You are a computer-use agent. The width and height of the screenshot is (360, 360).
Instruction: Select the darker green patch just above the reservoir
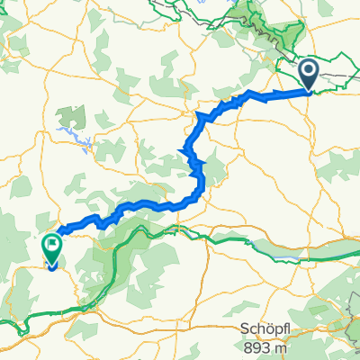tap(70, 116)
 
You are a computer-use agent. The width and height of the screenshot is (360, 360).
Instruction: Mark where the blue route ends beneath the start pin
tap(308, 89)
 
